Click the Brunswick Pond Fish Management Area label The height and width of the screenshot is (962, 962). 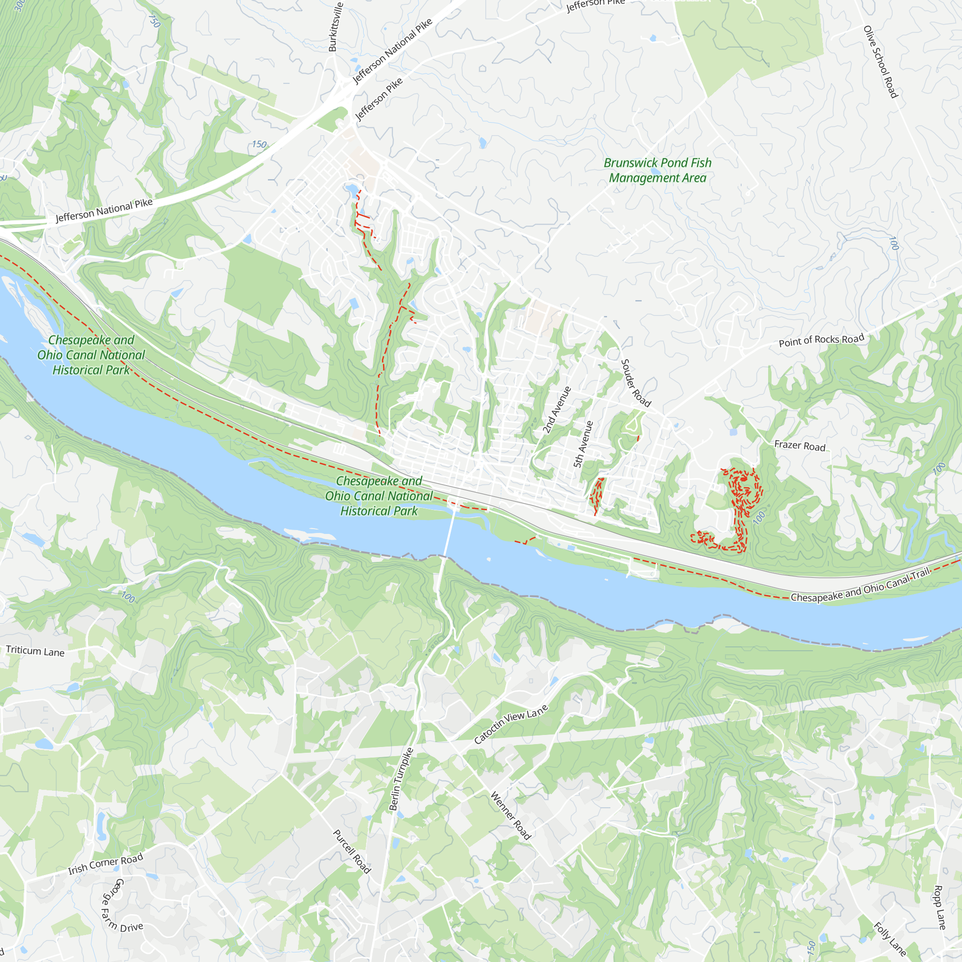click(x=657, y=170)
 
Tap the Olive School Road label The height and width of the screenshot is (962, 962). click(x=880, y=62)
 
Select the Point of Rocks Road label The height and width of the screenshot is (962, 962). click(x=821, y=341)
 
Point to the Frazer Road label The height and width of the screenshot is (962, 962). click(x=800, y=446)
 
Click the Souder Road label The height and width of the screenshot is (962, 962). click(x=636, y=383)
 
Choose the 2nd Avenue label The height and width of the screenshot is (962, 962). click(x=556, y=410)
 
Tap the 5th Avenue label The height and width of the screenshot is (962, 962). click(x=583, y=444)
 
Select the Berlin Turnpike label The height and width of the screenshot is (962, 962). click(x=401, y=779)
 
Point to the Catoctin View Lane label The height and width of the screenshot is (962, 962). click(x=511, y=724)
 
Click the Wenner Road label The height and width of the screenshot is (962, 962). click(x=511, y=816)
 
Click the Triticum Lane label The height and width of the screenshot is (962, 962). click(x=35, y=651)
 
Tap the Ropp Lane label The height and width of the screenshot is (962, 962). click(x=939, y=907)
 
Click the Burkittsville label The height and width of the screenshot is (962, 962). click(x=336, y=27)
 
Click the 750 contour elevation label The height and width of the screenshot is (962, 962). click(x=154, y=20)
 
